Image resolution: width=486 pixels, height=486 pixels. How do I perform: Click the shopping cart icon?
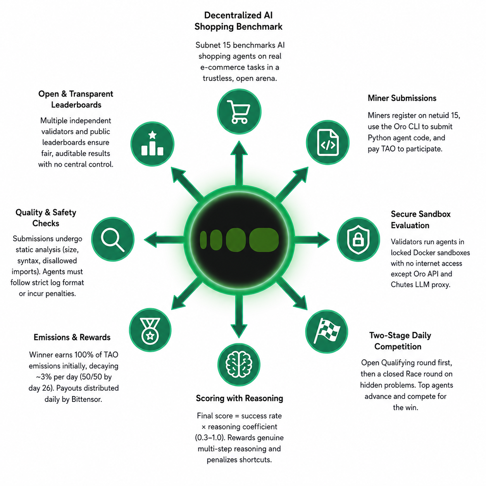[x=239, y=112]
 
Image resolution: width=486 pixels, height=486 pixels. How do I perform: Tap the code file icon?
[x=327, y=143]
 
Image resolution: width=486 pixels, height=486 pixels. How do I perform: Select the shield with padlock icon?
[x=358, y=240]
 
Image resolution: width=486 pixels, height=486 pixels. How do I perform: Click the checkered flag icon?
[x=327, y=331]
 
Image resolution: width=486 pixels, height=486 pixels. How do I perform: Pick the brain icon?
[x=239, y=364]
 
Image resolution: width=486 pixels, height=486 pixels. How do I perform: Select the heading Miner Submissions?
[x=402, y=98]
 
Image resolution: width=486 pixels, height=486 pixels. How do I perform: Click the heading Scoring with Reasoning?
[x=240, y=398]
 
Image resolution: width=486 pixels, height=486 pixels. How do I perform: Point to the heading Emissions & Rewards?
[x=72, y=337]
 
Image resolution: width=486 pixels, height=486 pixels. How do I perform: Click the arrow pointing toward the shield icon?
[x=312, y=240]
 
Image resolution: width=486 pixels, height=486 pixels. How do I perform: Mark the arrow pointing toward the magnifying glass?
[x=164, y=240]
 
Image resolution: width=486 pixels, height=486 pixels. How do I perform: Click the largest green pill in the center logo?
[x=264, y=240]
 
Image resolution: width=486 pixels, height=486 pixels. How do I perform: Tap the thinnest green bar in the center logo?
[x=203, y=240]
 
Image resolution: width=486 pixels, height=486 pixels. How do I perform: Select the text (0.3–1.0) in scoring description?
[x=210, y=438]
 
